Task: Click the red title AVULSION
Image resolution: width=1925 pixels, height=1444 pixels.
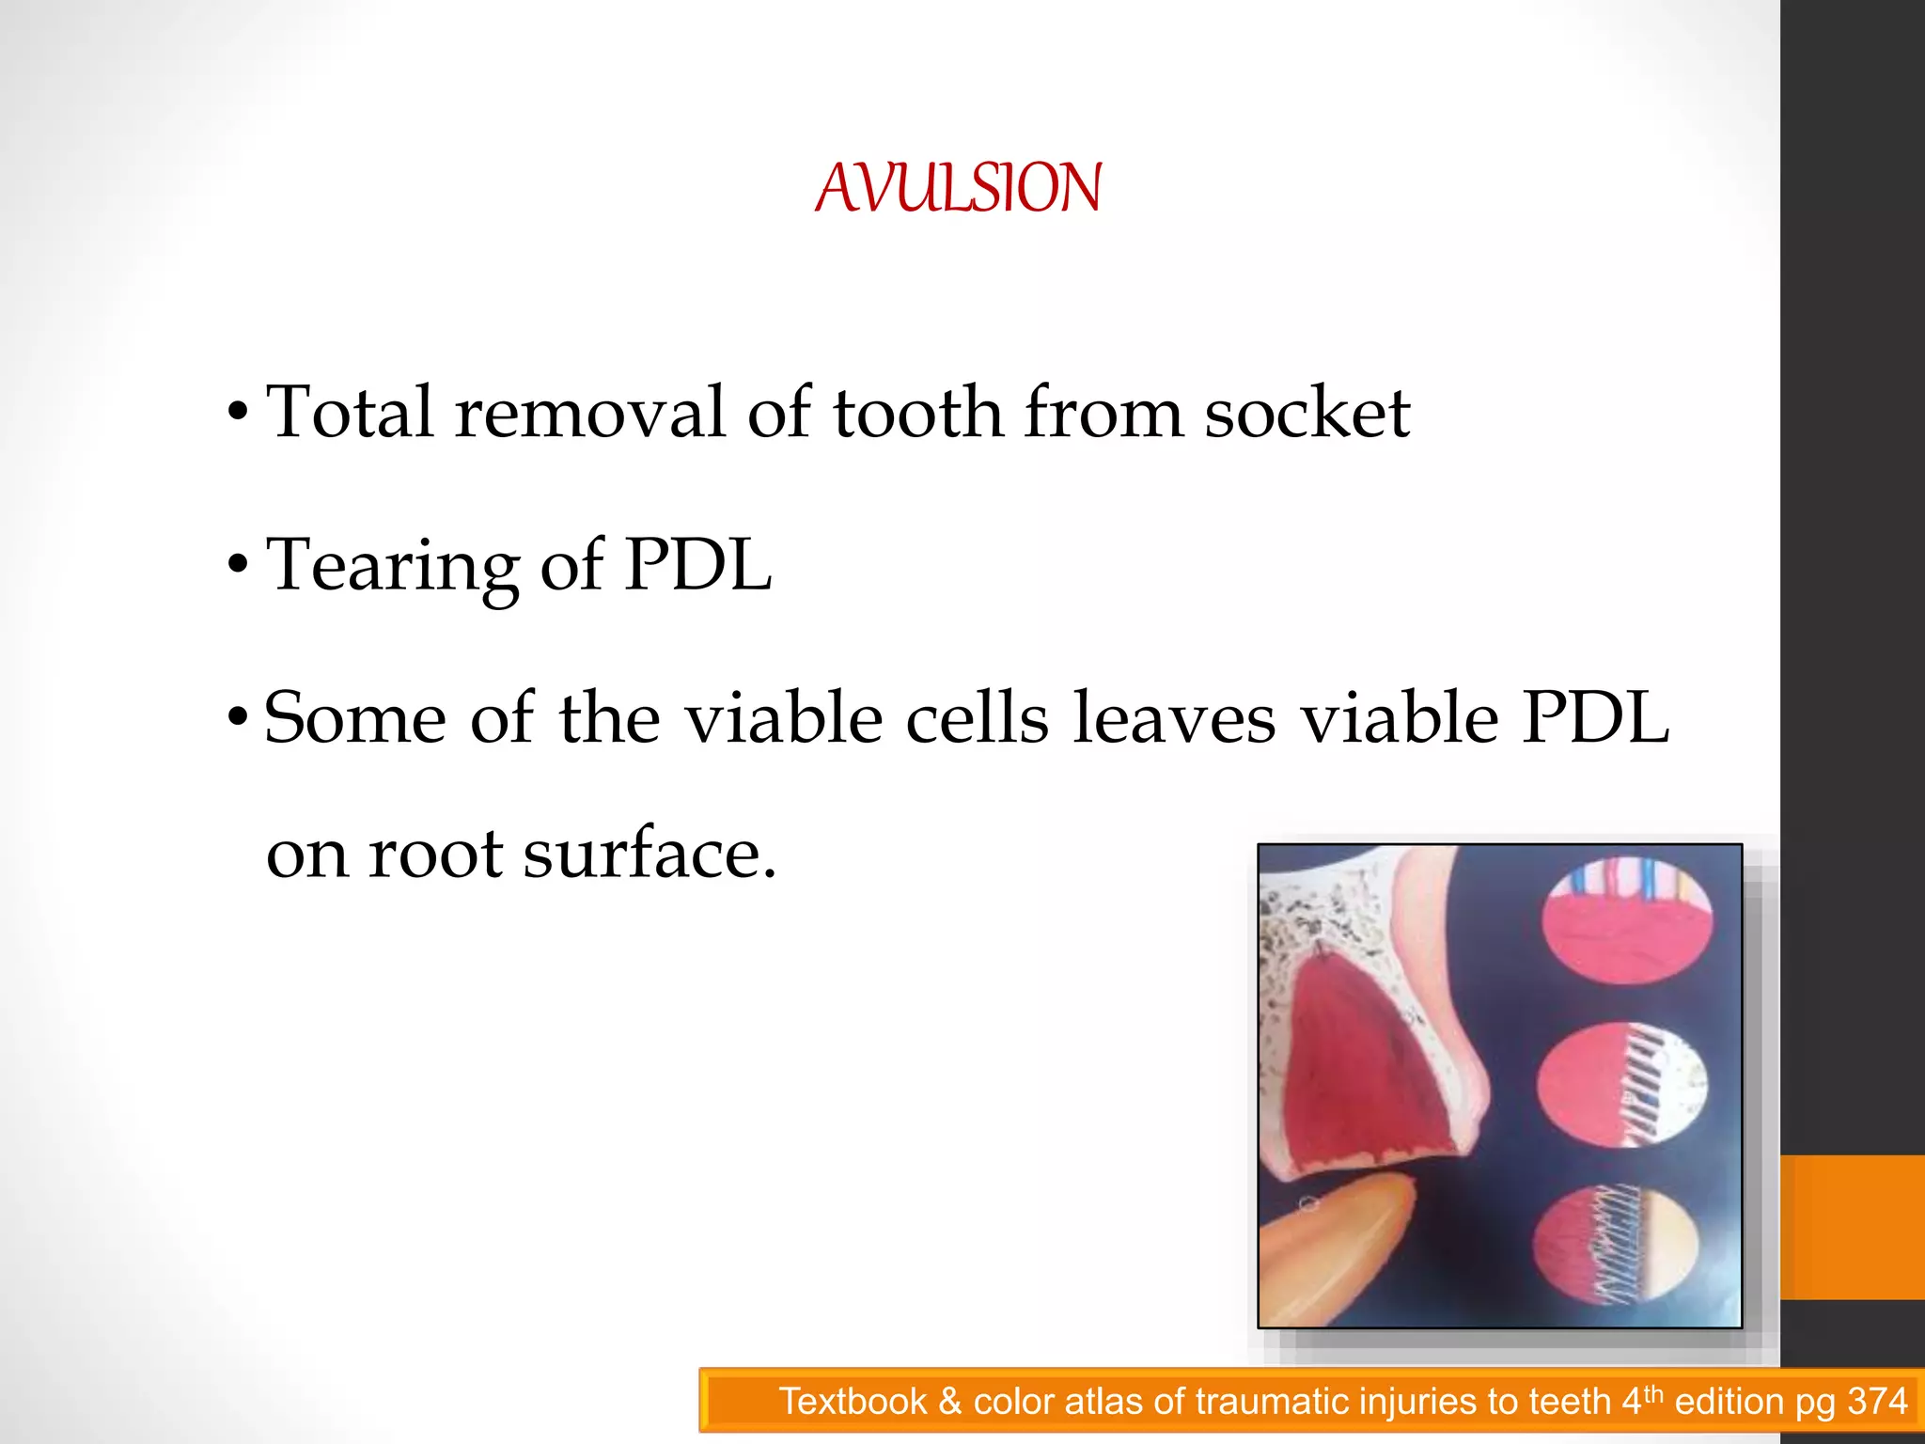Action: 958,188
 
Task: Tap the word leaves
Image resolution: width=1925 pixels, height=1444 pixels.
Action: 1175,718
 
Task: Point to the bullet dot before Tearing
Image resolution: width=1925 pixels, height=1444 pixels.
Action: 239,566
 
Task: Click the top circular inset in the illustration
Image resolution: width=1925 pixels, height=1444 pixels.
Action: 1627,925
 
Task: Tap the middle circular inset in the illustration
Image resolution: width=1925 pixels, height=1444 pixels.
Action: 1622,1087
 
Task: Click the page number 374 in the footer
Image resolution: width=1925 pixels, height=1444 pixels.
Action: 1877,1402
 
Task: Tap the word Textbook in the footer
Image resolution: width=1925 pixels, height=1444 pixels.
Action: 853,1402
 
